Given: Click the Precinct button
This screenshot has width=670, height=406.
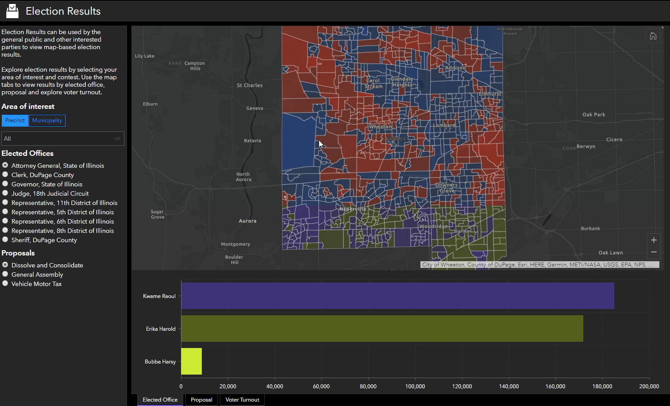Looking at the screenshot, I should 15,120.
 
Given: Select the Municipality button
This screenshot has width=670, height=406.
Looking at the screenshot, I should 47,120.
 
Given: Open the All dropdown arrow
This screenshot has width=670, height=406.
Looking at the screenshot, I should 117,139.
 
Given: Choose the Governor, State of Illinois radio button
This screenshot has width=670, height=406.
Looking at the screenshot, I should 5,184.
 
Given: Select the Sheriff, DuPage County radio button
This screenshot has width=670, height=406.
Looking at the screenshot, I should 5,240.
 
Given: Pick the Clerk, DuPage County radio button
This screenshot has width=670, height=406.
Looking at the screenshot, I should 5,174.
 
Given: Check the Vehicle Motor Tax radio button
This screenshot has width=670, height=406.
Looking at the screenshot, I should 5,283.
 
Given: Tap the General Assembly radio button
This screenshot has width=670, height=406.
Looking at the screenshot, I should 5,274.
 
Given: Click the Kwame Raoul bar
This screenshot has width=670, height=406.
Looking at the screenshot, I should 397,296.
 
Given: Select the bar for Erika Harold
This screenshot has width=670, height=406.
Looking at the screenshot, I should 382,329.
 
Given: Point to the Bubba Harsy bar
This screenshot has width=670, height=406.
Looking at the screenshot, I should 191,361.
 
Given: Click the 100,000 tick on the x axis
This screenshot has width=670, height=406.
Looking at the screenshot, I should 415,387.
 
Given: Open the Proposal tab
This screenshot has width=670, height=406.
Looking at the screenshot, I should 201,400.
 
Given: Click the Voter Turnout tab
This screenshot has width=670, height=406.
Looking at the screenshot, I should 242,400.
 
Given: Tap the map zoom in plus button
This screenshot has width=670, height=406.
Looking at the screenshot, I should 654,240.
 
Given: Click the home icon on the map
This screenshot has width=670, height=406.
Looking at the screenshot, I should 653,36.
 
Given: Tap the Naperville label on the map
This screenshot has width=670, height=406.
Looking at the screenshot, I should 353,209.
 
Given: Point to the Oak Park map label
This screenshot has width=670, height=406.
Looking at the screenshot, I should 593,115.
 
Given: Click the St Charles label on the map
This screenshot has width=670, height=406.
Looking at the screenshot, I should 250,85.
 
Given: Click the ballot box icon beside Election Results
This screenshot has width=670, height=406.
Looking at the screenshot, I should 12,11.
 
